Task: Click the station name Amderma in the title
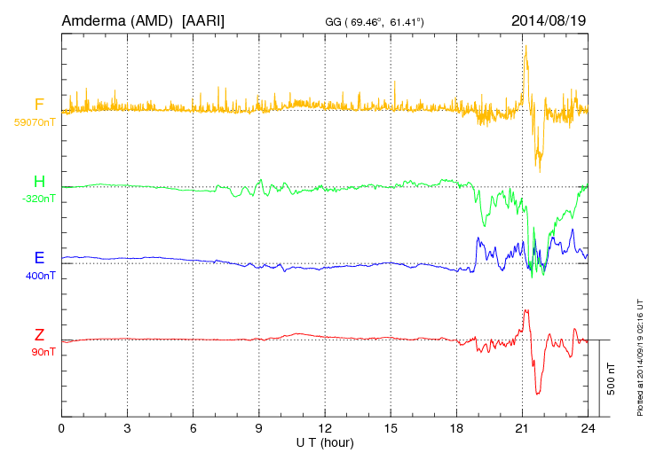click(94, 20)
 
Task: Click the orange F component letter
click(39, 105)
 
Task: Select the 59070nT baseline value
click(33, 121)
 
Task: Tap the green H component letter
click(39, 182)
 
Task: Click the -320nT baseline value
click(38, 199)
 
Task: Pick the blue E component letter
click(39, 258)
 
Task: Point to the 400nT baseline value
click(42, 275)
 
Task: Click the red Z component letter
click(39, 335)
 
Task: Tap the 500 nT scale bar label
click(612, 379)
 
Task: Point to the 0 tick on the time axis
click(61, 428)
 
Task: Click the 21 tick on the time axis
click(522, 428)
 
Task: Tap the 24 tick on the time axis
click(588, 428)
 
